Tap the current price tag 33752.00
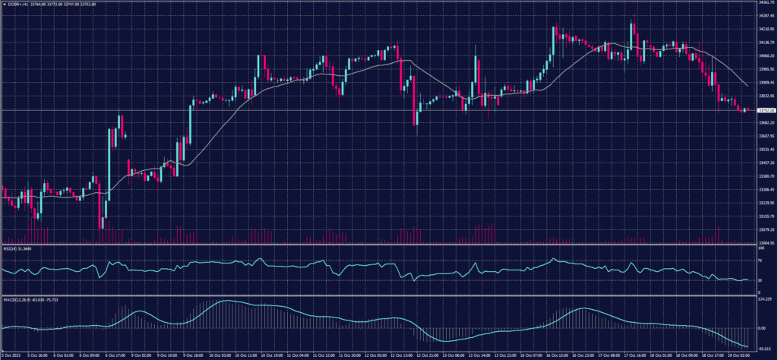pyautogui.click(x=765, y=110)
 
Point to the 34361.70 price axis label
pyautogui.click(x=766, y=3)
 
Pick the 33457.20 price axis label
pyautogui.click(x=766, y=163)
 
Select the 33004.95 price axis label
pyautogui.click(x=766, y=243)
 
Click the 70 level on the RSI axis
pyautogui.click(x=760, y=260)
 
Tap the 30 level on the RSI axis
pyautogui.click(x=760, y=279)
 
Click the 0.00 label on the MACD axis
pyautogui.click(x=762, y=328)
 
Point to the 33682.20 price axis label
pyautogui.click(x=766, y=123)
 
